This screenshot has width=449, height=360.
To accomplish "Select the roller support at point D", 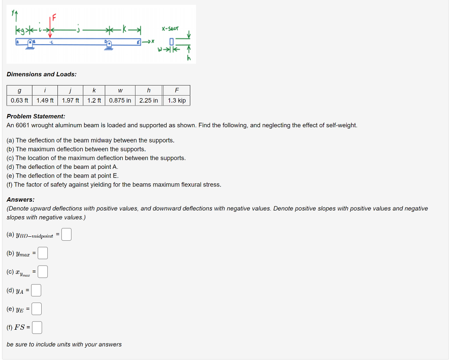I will (x=108, y=44).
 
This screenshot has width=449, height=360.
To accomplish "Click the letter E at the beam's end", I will (x=139, y=41).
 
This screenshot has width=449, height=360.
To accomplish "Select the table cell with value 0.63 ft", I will (x=20, y=100).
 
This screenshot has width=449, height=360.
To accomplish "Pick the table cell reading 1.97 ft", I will (x=71, y=100).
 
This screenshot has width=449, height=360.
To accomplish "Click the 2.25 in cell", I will (x=149, y=100).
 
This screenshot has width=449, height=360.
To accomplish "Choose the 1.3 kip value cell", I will (x=177, y=100).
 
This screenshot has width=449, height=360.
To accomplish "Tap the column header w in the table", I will (x=120, y=91).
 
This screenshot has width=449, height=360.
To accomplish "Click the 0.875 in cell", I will (x=120, y=100).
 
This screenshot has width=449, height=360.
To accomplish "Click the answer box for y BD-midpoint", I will (x=66, y=235).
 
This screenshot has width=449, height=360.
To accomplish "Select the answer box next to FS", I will (x=37, y=328).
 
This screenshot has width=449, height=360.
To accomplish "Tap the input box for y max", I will (x=43, y=253).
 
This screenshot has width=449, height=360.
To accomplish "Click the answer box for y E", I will (x=36, y=309).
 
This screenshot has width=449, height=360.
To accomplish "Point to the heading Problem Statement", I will (x=36, y=116).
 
